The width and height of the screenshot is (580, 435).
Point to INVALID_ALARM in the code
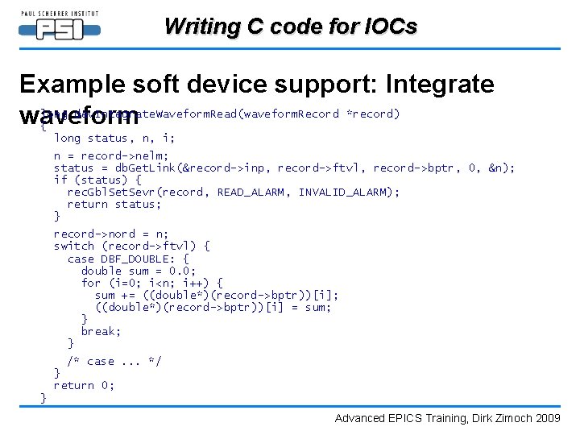(349, 192)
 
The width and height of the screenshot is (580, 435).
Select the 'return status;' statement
(114, 204)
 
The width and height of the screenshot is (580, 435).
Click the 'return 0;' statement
(84, 386)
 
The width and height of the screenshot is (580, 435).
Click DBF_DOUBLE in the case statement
(133, 259)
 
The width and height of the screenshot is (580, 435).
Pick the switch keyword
(74, 246)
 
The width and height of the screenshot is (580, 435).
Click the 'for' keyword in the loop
(91, 283)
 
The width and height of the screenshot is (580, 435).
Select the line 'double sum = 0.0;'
(138, 271)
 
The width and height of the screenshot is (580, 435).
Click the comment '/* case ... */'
(114, 361)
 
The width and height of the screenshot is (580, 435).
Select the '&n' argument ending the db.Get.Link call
(497, 168)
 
